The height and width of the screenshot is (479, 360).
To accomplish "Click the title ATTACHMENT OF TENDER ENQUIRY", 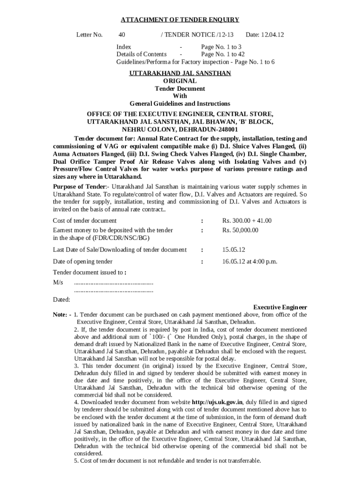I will tap(180, 20).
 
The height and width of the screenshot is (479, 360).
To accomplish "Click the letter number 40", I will tap(122, 35).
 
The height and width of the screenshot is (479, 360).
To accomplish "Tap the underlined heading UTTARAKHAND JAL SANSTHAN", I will tap(180, 73).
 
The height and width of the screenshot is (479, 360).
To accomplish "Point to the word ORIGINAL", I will tap(180, 81).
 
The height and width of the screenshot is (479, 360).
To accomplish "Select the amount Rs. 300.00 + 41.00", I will tap(247, 221).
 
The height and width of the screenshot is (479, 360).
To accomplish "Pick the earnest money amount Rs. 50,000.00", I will tap(240, 230).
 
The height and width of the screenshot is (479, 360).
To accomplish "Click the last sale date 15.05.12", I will tap(234, 250).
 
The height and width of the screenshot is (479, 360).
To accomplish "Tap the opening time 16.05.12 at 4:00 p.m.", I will tap(250, 261).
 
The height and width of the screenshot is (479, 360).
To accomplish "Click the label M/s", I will tap(58, 283).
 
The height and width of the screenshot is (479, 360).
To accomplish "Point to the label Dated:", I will tap(61, 299).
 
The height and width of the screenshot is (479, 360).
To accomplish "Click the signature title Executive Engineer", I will tap(280, 307).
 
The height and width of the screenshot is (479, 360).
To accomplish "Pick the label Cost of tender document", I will tap(85, 221).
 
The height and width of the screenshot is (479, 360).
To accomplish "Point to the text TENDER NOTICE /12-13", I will tap(197, 35).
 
